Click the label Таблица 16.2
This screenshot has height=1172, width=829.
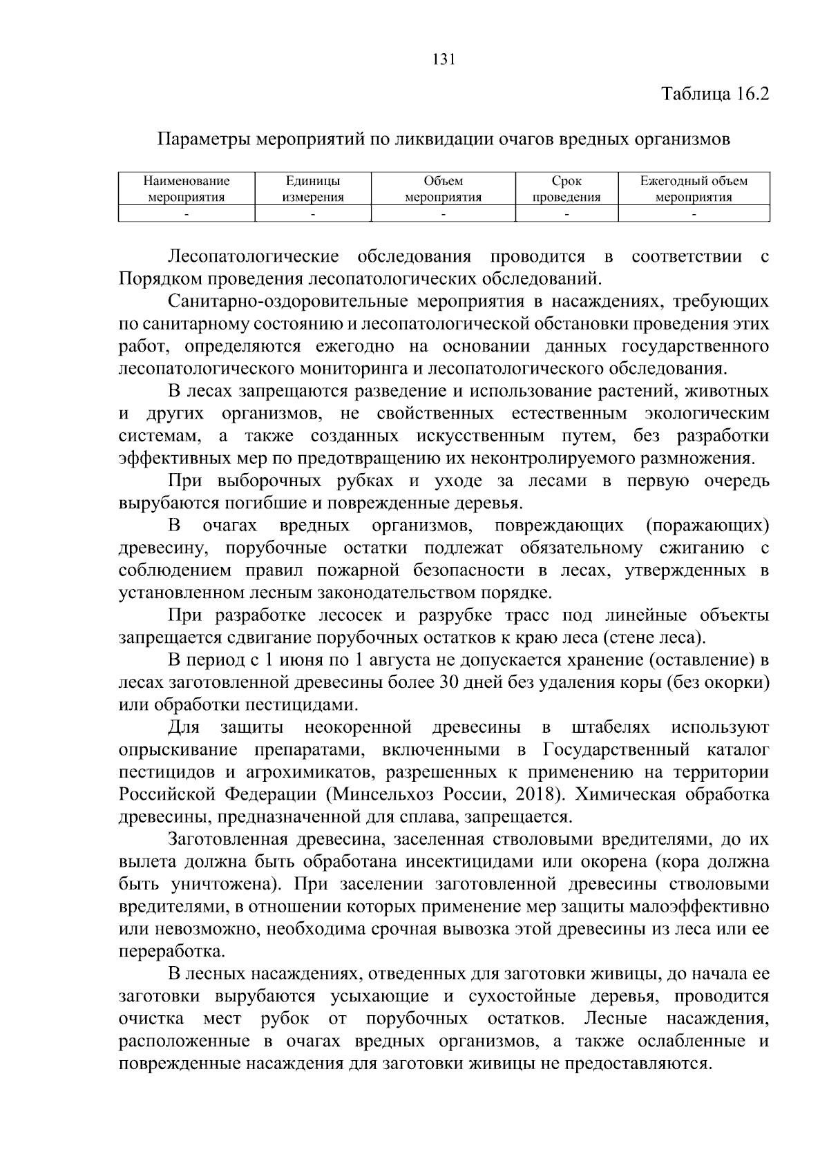tap(715, 94)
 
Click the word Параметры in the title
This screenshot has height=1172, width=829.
tap(203, 140)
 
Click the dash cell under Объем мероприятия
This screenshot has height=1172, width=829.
tap(443, 215)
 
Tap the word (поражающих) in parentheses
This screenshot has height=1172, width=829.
tap(707, 526)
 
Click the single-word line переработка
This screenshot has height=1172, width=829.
tap(171, 952)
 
